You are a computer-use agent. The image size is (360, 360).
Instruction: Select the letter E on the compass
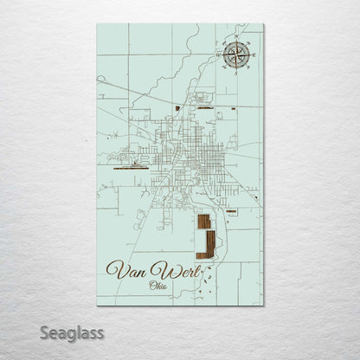point(250,56)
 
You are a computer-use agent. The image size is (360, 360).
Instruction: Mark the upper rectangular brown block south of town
point(202,222)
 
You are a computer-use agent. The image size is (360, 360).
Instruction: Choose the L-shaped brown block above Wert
point(208,247)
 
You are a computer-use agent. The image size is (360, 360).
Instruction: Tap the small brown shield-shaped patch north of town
point(177,108)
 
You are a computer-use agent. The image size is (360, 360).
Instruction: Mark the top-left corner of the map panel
point(98,24)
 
